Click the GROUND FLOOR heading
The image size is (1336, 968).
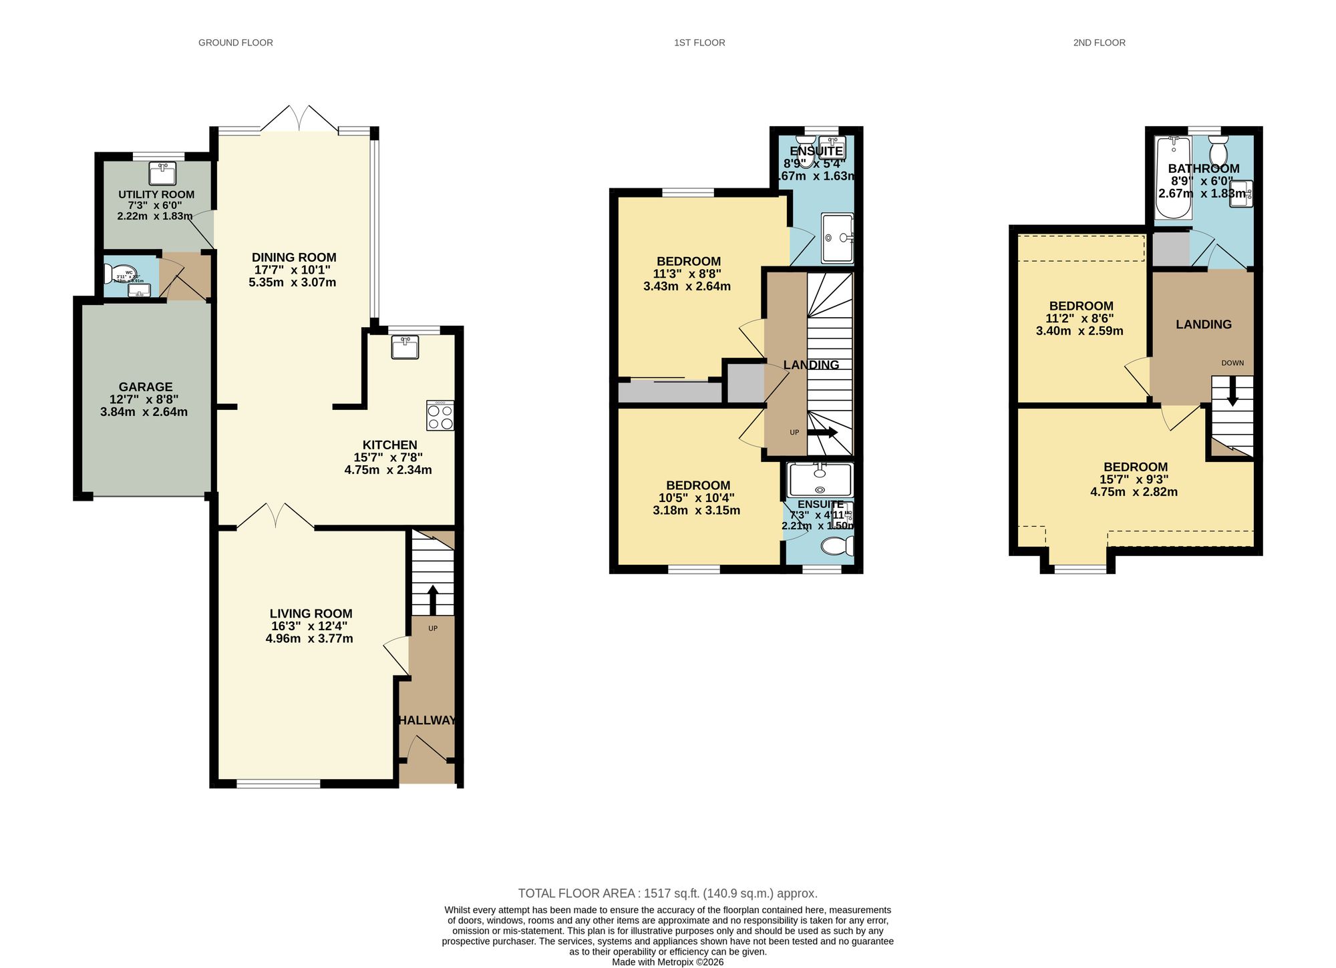[235, 43]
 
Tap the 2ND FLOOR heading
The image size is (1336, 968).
[1099, 43]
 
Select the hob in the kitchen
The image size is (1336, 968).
[440, 415]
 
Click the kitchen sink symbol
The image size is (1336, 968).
[405, 348]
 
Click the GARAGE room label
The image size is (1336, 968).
[146, 387]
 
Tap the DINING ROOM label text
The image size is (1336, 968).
[294, 258]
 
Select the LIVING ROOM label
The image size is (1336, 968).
[311, 614]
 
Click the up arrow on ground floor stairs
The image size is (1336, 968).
[432, 599]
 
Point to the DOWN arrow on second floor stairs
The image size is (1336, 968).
[1232, 391]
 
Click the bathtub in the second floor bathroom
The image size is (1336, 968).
[1173, 178]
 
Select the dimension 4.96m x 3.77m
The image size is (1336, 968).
[309, 639]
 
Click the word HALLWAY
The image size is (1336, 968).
[427, 720]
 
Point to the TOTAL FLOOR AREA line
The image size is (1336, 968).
[667, 893]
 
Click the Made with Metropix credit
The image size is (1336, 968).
[667, 962]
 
